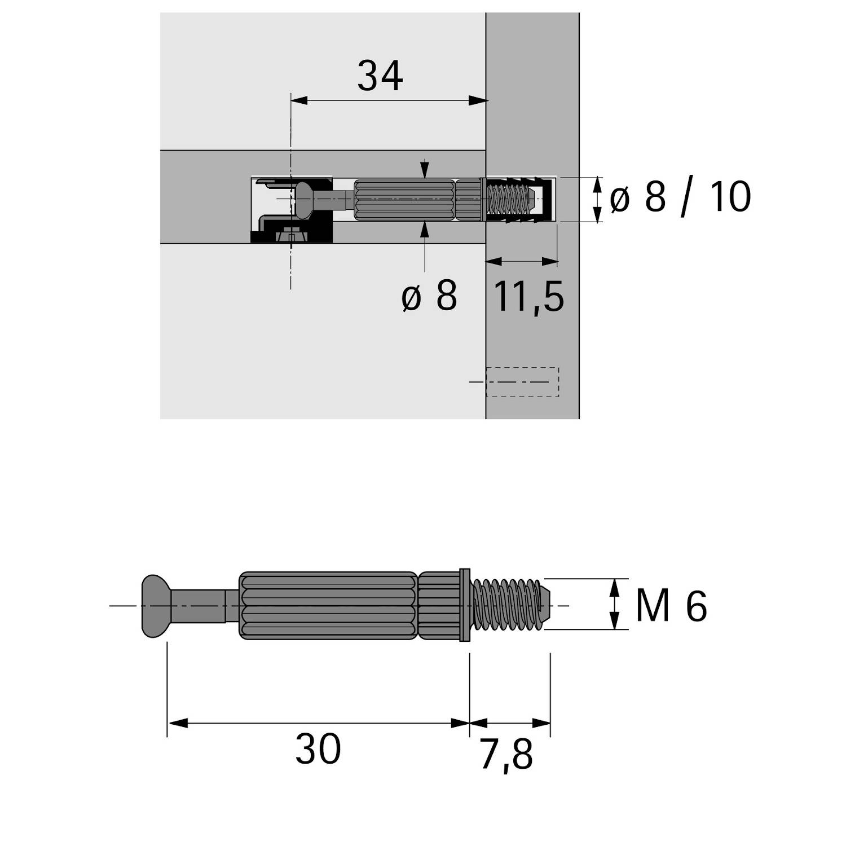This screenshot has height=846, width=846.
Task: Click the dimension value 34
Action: pos(380,77)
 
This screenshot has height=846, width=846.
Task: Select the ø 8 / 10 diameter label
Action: pos(680,197)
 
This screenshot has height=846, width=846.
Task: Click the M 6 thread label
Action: pos(671,606)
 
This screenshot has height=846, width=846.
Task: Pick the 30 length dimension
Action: pos(318,750)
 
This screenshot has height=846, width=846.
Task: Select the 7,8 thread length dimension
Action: pos(506,756)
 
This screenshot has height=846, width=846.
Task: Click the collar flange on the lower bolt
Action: pos(465,605)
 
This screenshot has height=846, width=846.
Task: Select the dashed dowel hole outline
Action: pos(522,382)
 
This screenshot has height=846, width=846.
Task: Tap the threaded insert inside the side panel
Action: pos(516,200)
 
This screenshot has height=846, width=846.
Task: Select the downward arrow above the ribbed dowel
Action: pos(425,171)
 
